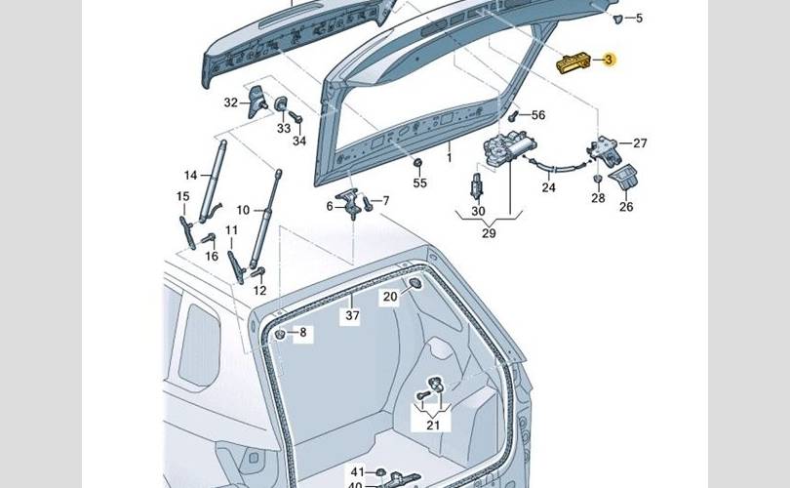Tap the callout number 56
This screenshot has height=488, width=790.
pyautogui.click(x=537, y=115)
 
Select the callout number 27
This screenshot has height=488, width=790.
pyautogui.click(x=639, y=143)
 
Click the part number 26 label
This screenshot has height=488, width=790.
pyautogui.click(x=626, y=206)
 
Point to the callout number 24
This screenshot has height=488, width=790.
pyautogui.click(x=548, y=187)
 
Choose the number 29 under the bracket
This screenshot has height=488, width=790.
pyautogui.click(x=489, y=233)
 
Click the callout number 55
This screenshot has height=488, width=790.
pyautogui.click(x=419, y=183)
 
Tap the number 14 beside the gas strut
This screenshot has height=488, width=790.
pyautogui.click(x=191, y=176)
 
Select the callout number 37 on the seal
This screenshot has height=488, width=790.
pyautogui.click(x=351, y=315)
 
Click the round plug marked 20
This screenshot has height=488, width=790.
pyautogui.click(x=413, y=284)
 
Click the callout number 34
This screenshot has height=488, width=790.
pyautogui.click(x=298, y=141)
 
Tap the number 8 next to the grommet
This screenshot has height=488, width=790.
pyautogui.click(x=302, y=333)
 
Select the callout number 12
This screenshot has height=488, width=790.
pyautogui.click(x=259, y=291)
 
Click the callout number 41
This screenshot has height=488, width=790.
pyautogui.click(x=357, y=471)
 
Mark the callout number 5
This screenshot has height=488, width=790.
pyautogui.click(x=639, y=19)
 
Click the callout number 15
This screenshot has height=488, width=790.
pyautogui.click(x=182, y=197)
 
